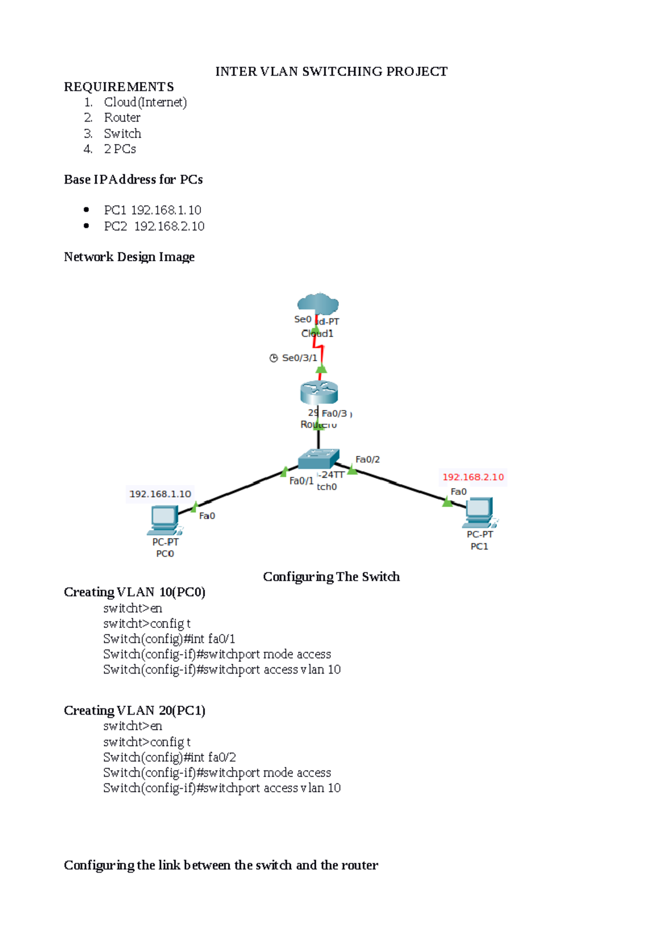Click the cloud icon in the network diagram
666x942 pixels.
pos(318,303)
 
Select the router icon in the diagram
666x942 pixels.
pos(319,392)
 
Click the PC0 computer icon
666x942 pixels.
pos(164,520)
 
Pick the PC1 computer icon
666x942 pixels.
pos(479,512)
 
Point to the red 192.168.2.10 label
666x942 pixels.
pos(473,477)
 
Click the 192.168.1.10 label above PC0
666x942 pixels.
pos(160,494)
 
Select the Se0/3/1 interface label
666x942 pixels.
pos(299,358)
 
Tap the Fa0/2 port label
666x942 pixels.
pos(367,459)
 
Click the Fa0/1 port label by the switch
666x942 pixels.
pos(301,481)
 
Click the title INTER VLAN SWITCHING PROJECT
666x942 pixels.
pos(331,72)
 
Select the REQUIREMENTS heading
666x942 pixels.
pos(119,87)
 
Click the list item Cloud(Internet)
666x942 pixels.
pos(145,103)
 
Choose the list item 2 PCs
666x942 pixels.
pos(120,149)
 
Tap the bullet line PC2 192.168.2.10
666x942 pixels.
pos(154,226)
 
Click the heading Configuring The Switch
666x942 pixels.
pos(331,577)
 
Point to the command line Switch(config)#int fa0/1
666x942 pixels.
pos(169,639)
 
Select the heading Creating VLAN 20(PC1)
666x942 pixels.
pos(134,711)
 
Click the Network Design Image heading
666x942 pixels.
pos(129,257)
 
